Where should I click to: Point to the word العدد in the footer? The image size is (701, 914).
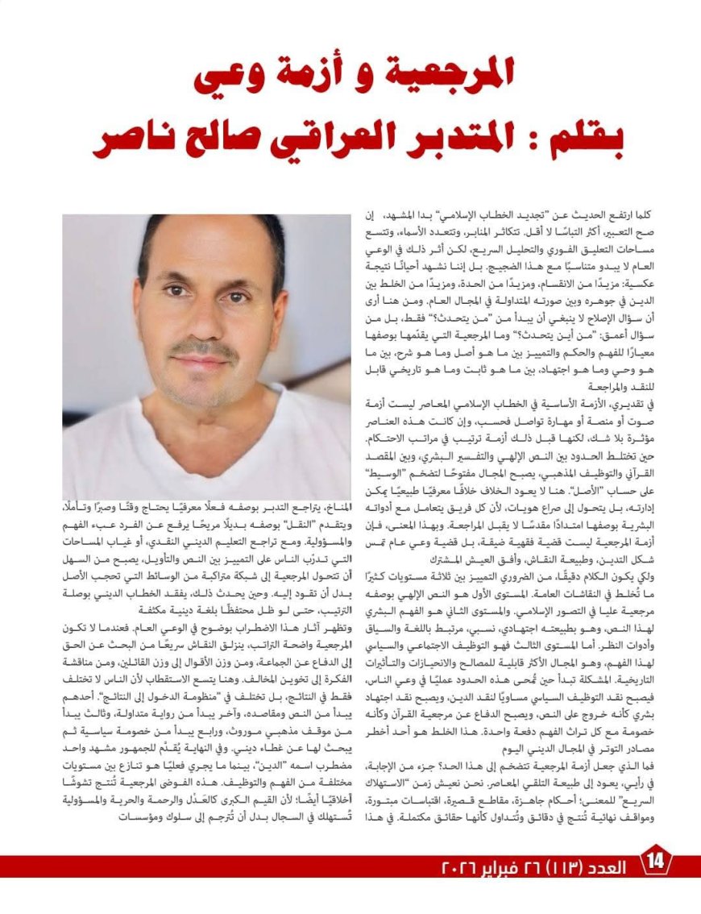click(610, 866)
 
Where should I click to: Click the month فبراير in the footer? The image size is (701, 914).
click(505, 866)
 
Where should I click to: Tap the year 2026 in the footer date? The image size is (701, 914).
click(459, 866)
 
